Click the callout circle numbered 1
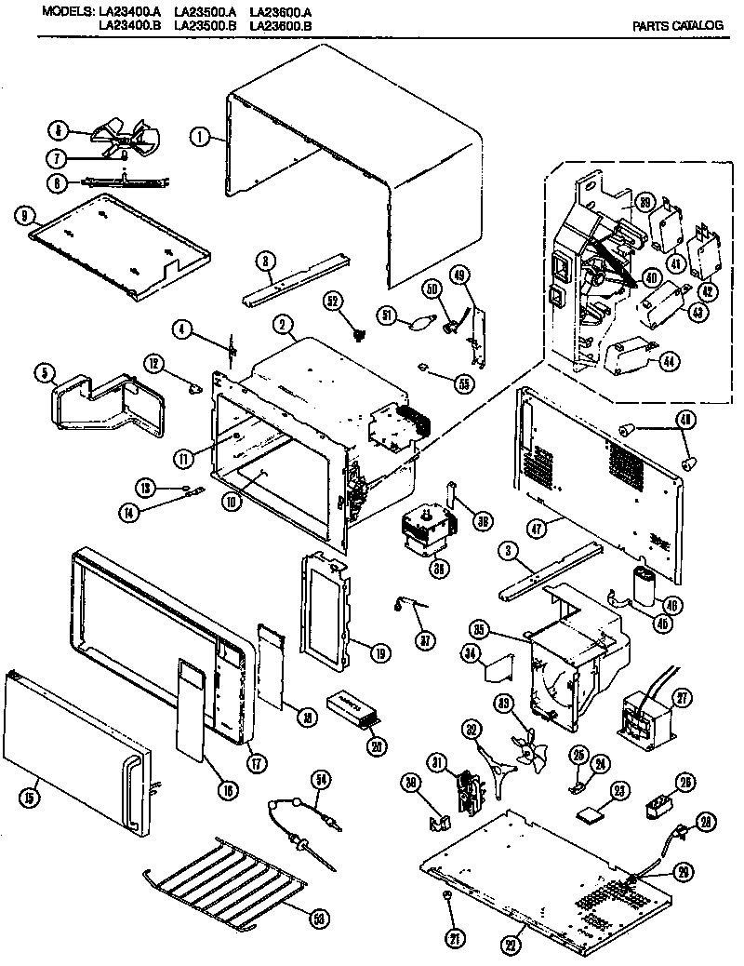pyautogui.click(x=198, y=136)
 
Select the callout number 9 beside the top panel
pyautogui.click(x=20, y=215)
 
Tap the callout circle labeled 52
pyautogui.click(x=332, y=301)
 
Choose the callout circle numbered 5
pyautogui.click(x=43, y=374)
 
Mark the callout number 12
pyautogui.click(x=154, y=361)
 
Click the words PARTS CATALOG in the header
pyautogui.click(x=677, y=25)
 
